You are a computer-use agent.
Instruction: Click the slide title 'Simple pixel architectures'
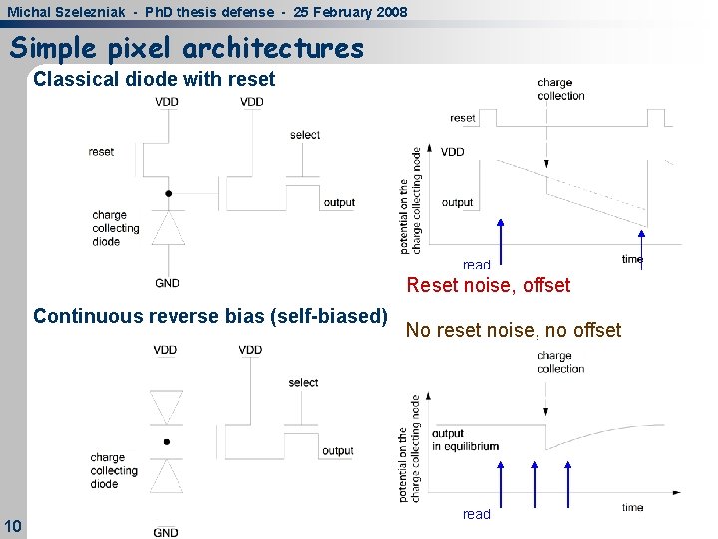click(186, 48)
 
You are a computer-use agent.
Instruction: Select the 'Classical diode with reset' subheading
click(154, 79)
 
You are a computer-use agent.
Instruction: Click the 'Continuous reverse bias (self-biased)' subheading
click(210, 316)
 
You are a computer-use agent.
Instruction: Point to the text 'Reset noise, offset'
click(488, 285)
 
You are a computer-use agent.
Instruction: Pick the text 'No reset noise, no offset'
click(513, 330)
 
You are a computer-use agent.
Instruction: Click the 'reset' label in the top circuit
click(101, 152)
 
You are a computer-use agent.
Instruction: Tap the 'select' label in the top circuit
click(305, 135)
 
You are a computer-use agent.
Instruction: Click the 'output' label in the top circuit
click(339, 203)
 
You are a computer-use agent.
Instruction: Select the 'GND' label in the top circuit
click(168, 283)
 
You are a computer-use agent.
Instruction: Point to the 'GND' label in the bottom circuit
click(166, 532)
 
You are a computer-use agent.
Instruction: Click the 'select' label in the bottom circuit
click(303, 383)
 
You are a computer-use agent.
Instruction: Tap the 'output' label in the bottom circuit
click(338, 451)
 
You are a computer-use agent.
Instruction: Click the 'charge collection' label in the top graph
click(560, 89)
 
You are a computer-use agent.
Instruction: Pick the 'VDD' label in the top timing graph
click(452, 152)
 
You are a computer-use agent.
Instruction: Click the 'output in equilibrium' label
click(465, 440)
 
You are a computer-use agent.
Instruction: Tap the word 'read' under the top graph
click(476, 266)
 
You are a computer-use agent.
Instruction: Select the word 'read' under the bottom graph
click(476, 514)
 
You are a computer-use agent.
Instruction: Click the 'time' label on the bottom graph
click(632, 507)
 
